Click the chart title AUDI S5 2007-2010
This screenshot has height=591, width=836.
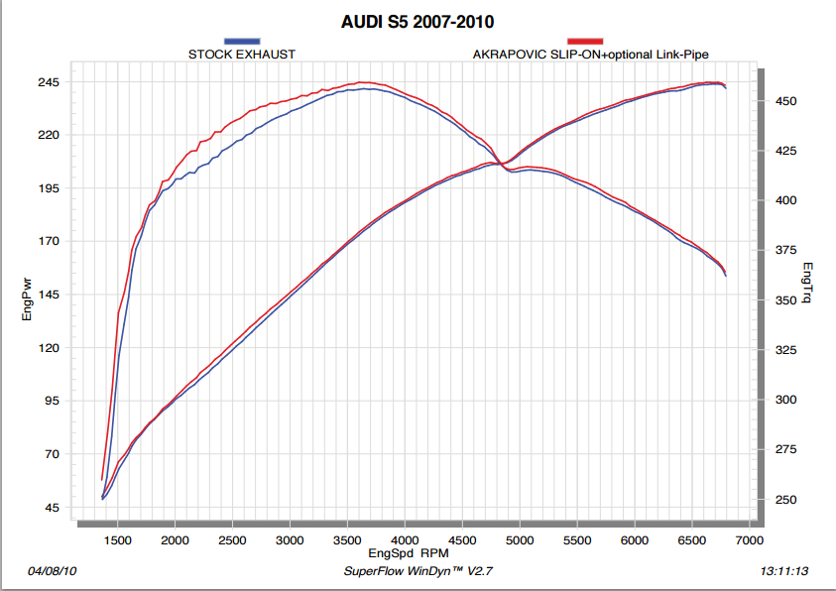pos(417,19)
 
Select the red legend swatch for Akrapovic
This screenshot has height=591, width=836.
pos(585,41)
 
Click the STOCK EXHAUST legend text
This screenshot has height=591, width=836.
pos(241,54)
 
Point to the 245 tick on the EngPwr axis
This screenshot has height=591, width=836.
pos(49,82)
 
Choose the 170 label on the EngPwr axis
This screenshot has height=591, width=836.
pos(49,241)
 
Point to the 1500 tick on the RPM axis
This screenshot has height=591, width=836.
pos(118,539)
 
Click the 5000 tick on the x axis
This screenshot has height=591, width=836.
pos(520,539)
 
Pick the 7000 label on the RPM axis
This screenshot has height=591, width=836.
pos(749,539)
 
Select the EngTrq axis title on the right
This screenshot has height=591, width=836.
pos(808,283)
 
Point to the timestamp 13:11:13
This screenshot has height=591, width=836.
pos(783,572)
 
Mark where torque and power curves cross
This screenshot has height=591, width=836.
pos(502,164)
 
